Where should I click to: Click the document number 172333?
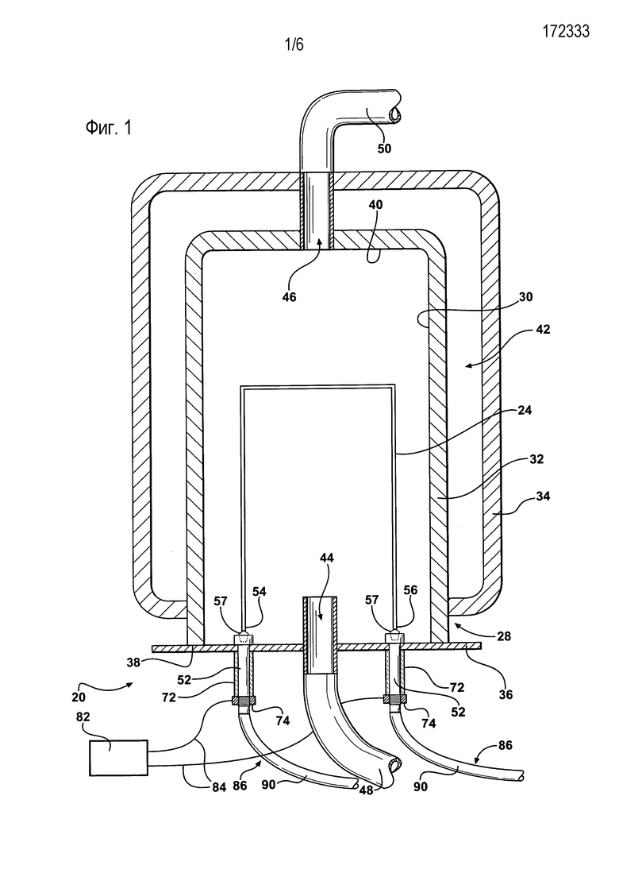pyautogui.click(x=565, y=31)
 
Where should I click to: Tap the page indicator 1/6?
pyautogui.click(x=294, y=44)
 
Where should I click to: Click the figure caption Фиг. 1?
pyautogui.click(x=109, y=128)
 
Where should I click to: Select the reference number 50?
pyautogui.click(x=384, y=149)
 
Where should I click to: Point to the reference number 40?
pyautogui.click(x=376, y=205)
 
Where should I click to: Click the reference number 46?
pyautogui.click(x=289, y=297)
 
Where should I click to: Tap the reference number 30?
pyautogui.click(x=525, y=297)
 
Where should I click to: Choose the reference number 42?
pyautogui.click(x=543, y=330)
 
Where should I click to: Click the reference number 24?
pyautogui.click(x=525, y=410)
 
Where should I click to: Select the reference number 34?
pyautogui.click(x=543, y=496)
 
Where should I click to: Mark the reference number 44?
pyautogui.click(x=328, y=558)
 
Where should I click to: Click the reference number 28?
pyautogui.click(x=503, y=636)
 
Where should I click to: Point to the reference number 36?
pyautogui.click(x=506, y=694)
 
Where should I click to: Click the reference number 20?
pyautogui.click(x=79, y=697)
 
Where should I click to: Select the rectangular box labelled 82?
pyautogui.click(x=119, y=757)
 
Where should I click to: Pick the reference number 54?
pyautogui.click(x=260, y=591)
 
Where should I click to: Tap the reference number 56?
pyautogui.click(x=410, y=590)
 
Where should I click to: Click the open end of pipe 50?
pyautogui.click(x=395, y=115)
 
